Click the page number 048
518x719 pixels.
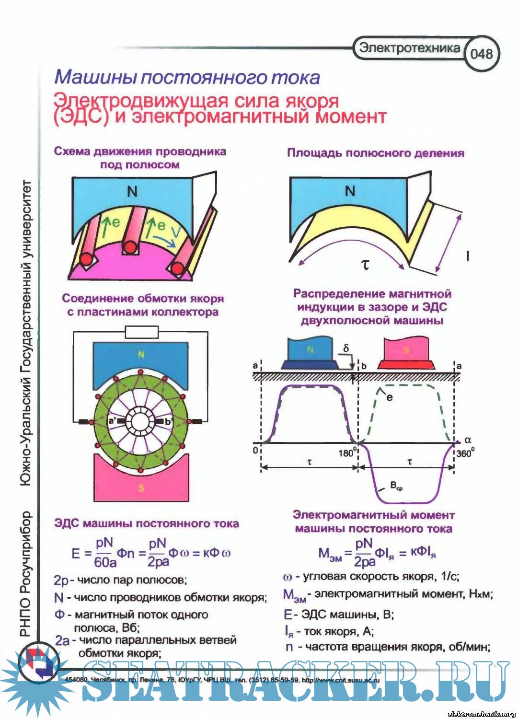(481, 53)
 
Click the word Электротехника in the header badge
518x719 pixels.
(409, 48)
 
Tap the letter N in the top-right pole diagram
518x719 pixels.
(350, 191)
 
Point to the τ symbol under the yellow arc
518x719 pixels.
(365, 264)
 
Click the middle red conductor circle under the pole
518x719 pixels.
(130, 248)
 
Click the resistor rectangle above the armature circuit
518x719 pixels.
(141, 332)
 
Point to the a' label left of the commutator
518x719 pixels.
(112, 421)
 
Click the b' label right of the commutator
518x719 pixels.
(168, 422)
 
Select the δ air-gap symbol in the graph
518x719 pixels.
(346, 348)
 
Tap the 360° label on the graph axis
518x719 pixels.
(465, 453)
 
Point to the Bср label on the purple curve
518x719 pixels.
(396, 486)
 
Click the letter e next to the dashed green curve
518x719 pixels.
(389, 397)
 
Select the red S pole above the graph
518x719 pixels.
(406, 351)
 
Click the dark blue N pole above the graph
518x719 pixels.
(310, 351)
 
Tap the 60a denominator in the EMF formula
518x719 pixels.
(105, 562)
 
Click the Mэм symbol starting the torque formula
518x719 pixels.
(330, 554)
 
